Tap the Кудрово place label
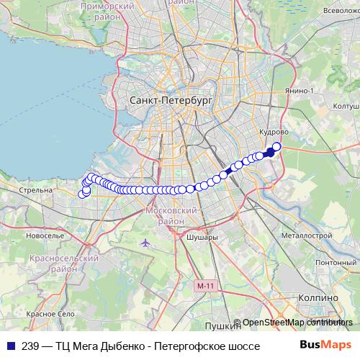(x=274, y=132)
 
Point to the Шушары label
(x=201, y=236)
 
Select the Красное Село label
(x=50, y=314)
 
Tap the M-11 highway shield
(x=205, y=286)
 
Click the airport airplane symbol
(x=146, y=241)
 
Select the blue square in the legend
(x=9, y=346)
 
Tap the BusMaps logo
(x=325, y=346)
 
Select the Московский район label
(x=171, y=215)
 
